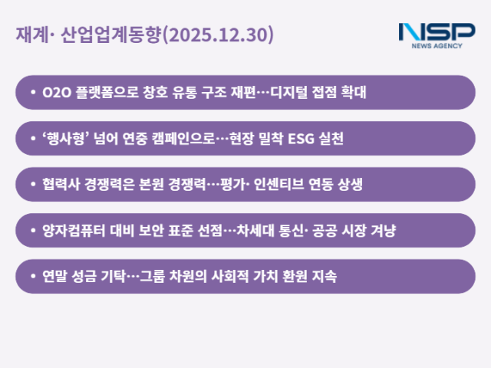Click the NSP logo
(x=437, y=32)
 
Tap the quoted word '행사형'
(x=68, y=139)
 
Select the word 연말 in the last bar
(x=56, y=276)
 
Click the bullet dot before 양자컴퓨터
(x=33, y=230)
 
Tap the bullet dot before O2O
(x=33, y=93)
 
